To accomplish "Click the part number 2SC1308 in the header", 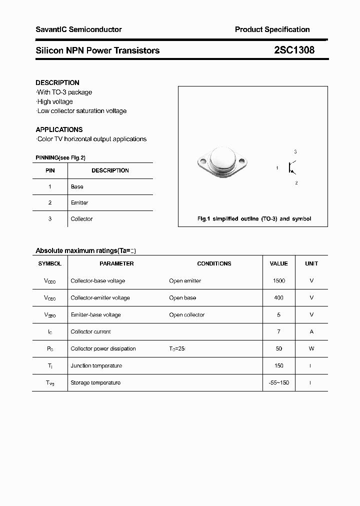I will (294, 50).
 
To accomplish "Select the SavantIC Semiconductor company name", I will (78, 29).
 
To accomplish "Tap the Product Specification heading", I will (272, 29).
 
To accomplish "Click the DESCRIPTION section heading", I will (57, 82).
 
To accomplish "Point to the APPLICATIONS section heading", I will (59, 129).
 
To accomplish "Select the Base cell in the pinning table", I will (77, 186).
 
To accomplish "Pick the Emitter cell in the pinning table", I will (79, 202).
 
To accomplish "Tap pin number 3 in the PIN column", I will (50, 218).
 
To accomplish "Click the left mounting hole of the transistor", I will (202, 161).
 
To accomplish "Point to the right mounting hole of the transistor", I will (242, 161).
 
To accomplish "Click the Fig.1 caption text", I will (253, 219).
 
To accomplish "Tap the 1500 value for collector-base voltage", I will (278, 280).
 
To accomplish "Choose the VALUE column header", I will (278, 263).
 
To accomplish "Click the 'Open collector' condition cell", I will (186, 314).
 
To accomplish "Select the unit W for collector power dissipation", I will (311, 348).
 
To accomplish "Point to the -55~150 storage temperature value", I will (278, 382).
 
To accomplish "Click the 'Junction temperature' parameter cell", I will (96, 365).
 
